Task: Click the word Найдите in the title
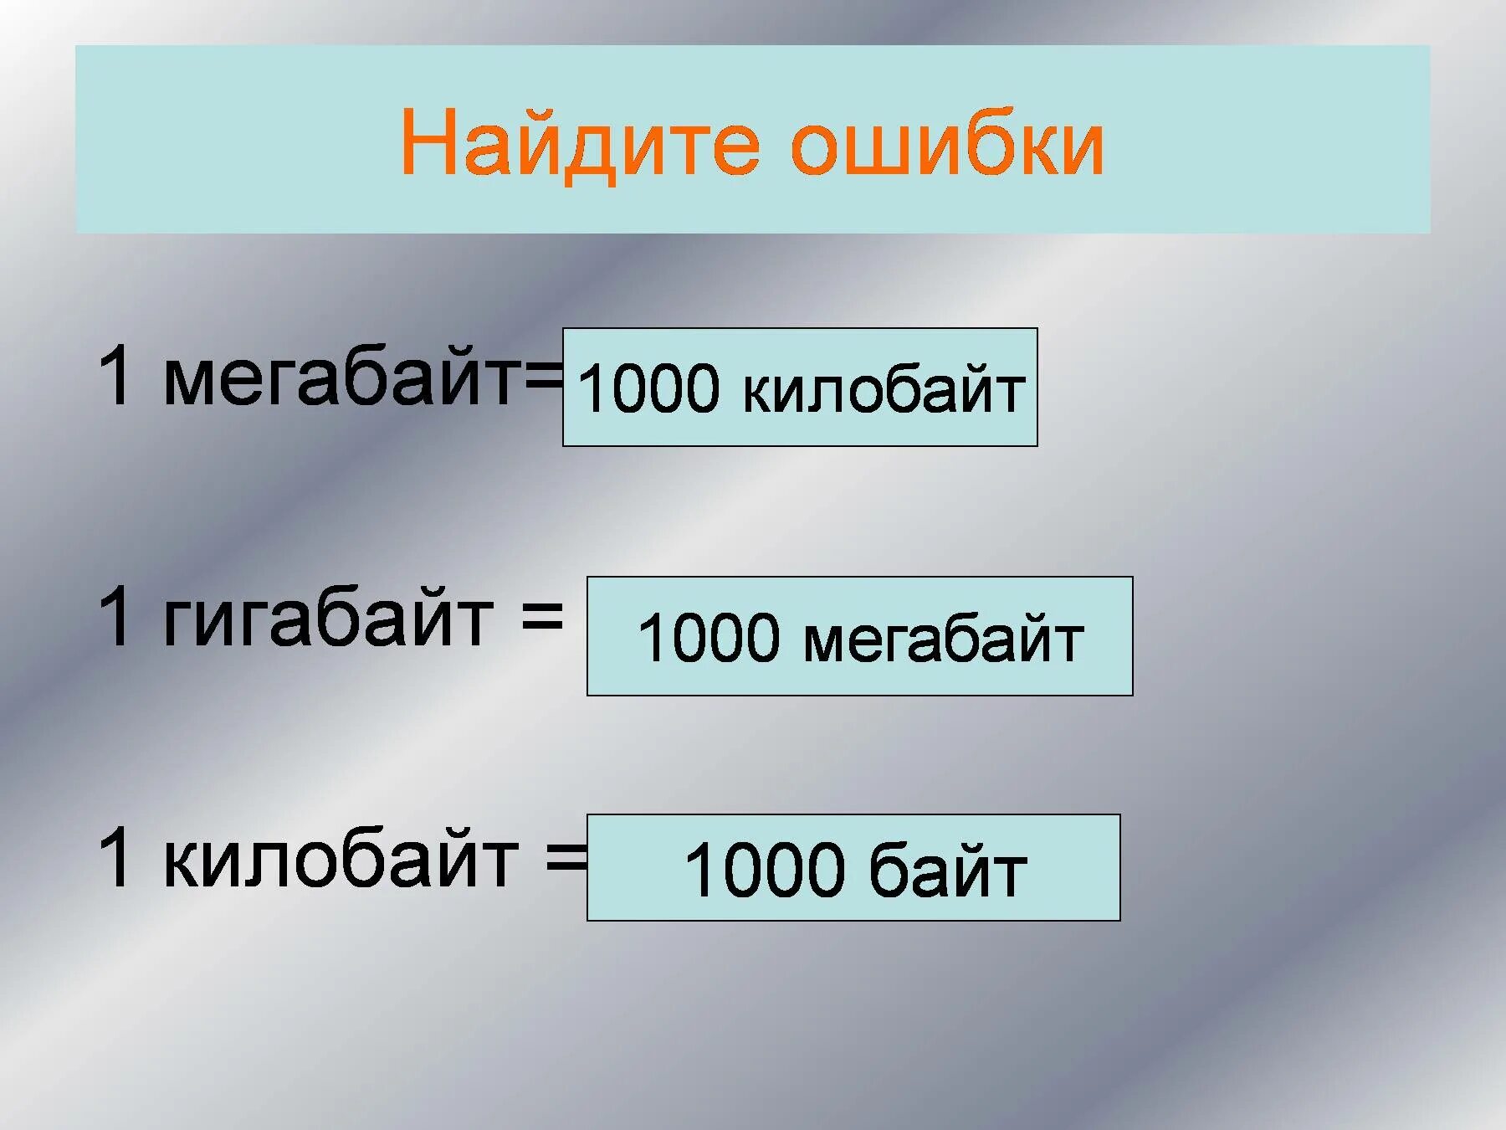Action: [x=580, y=144]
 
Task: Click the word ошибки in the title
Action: [x=947, y=144]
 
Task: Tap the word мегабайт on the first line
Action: [x=342, y=379]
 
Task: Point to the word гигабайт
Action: [x=328, y=619]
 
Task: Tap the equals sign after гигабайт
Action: [x=541, y=616]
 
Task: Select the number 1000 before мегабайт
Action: [x=709, y=638]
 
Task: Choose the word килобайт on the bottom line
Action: [x=341, y=860]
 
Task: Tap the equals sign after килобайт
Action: [x=566, y=859]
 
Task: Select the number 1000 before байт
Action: [x=765, y=871]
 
